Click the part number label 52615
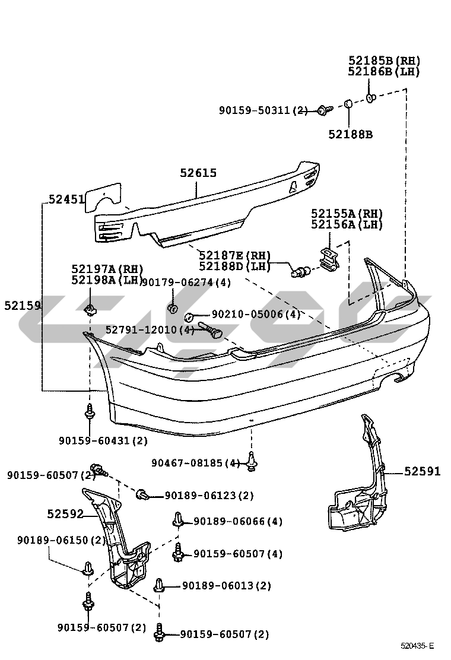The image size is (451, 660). click(198, 173)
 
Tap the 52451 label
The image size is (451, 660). click(66, 201)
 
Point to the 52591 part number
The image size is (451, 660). click(423, 472)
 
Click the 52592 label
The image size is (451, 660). click(65, 514)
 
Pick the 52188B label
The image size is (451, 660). click(350, 135)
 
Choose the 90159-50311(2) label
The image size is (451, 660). click(263, 110)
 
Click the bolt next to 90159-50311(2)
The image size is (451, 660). click(323, 110)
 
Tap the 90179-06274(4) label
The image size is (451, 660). click(186, 283)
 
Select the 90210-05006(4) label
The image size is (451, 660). click(256, 315)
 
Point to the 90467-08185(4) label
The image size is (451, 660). click(196, 463)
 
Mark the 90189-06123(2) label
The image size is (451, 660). click(209, 496)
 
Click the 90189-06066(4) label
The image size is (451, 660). click(238, 522)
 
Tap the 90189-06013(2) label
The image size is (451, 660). click(226, 586)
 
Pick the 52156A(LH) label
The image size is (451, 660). click(347, 225)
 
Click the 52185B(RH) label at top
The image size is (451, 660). click(384, 61)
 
